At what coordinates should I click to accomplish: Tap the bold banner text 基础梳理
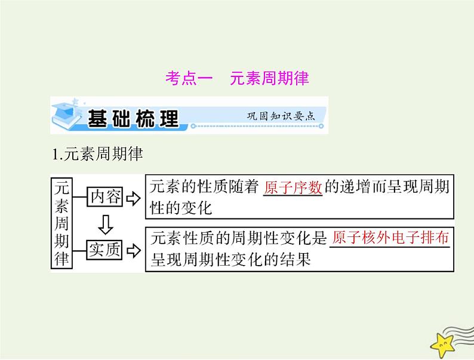tap(133, 118)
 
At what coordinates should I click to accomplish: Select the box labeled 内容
tap(105, 196)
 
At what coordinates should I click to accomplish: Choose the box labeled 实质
tap(105, 250)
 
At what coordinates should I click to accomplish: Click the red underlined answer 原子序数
tap(293, 186)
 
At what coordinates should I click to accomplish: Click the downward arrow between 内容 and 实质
tap(105, 223)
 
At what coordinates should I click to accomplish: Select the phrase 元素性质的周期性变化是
tap(239, 239)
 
